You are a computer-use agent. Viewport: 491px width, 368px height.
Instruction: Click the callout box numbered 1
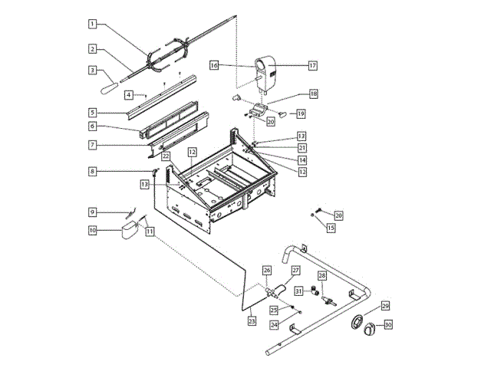(x=91, y=24)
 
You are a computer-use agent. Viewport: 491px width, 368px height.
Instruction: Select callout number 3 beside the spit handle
(x=91, y=70)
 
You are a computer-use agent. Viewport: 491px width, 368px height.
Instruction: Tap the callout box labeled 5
(x=91, y=113)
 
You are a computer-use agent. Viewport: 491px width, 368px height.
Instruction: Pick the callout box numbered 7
(x=91, y=144)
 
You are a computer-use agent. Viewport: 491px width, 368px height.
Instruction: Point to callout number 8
(x=91, y=172)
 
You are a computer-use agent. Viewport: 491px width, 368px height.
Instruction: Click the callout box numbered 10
(x=91, y=229)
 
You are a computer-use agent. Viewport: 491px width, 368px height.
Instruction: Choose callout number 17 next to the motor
(x=313, y=66)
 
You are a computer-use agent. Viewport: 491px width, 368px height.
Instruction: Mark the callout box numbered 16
(x=214, y=67)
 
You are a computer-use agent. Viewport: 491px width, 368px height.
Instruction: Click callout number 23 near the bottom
(x=252, y=322)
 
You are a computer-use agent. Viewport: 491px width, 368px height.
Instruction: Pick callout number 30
(x=388, y=325)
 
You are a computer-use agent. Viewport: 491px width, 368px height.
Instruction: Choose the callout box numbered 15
(x=331, y=228)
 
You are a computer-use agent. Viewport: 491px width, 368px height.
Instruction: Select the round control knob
(x=369, y=328)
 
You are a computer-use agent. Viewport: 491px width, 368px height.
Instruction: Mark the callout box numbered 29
(x=385, y=306)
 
